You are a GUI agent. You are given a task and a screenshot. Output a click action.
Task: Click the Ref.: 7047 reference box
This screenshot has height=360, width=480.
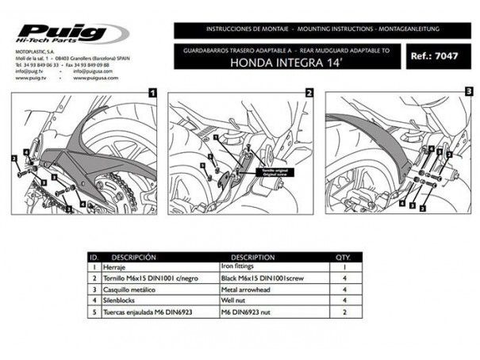pos(433,57)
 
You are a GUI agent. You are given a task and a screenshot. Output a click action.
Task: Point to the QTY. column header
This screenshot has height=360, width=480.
pos(343,258)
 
